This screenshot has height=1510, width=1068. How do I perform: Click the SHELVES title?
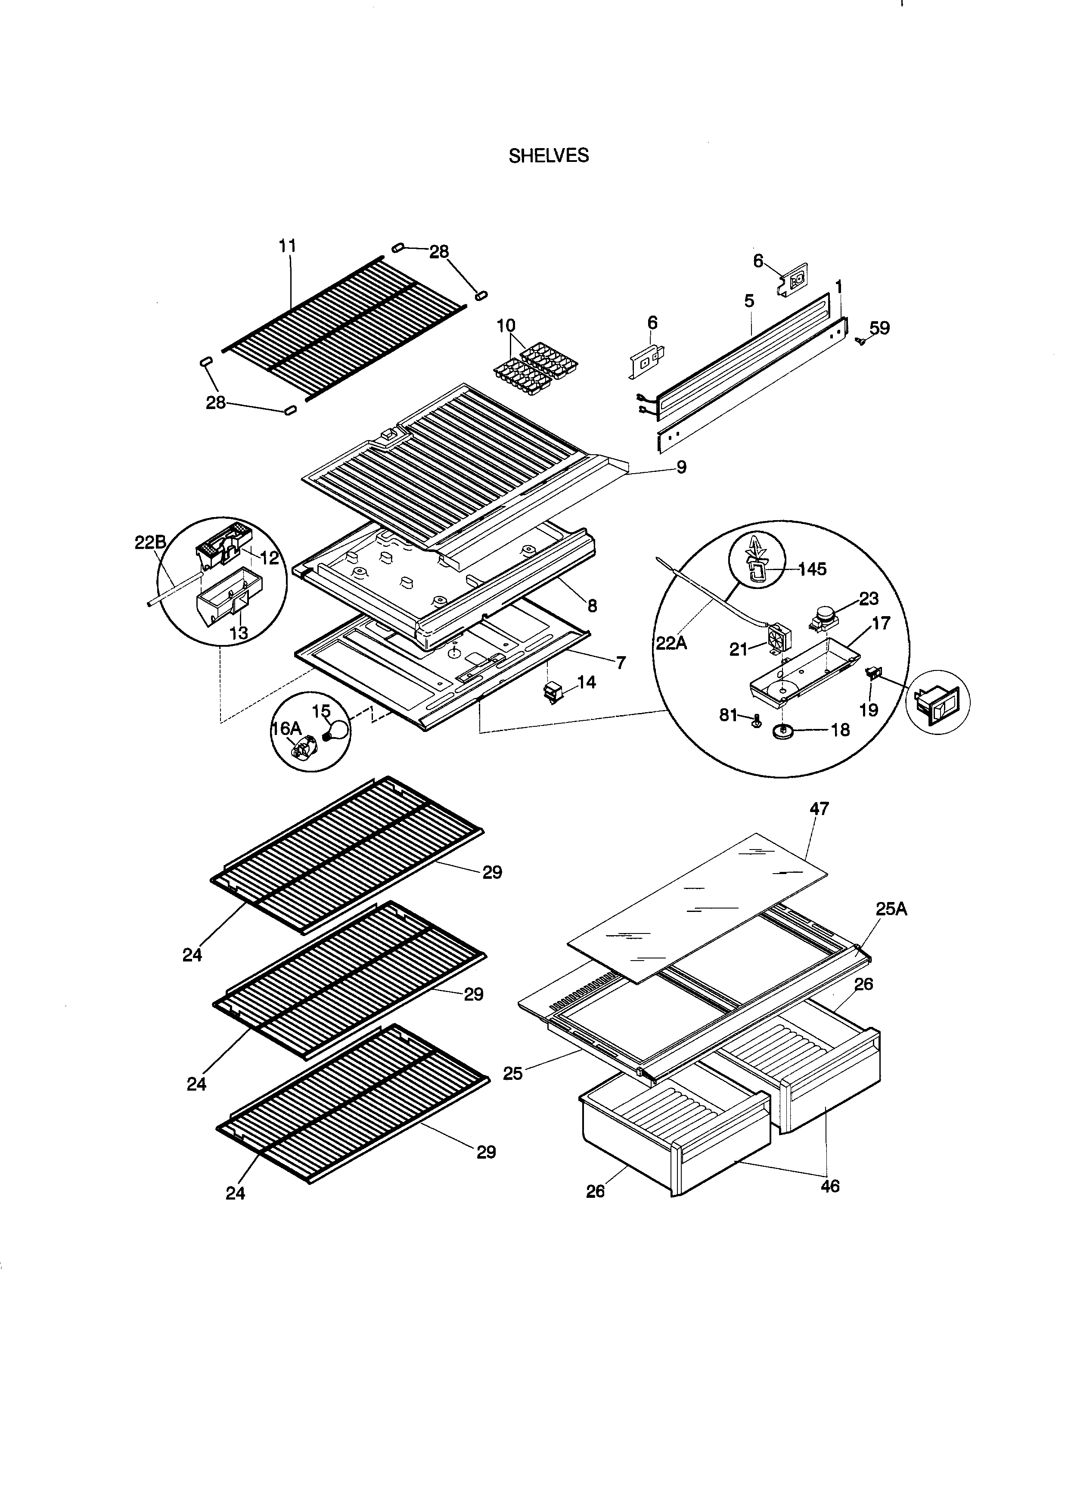[549, 156]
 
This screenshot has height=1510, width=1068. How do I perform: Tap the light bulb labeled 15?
[336, 729]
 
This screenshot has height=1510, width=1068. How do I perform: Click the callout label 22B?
[151, 543]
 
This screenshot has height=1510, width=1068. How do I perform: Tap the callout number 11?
[287, 246]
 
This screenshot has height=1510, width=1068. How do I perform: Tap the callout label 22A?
[671, 642]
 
